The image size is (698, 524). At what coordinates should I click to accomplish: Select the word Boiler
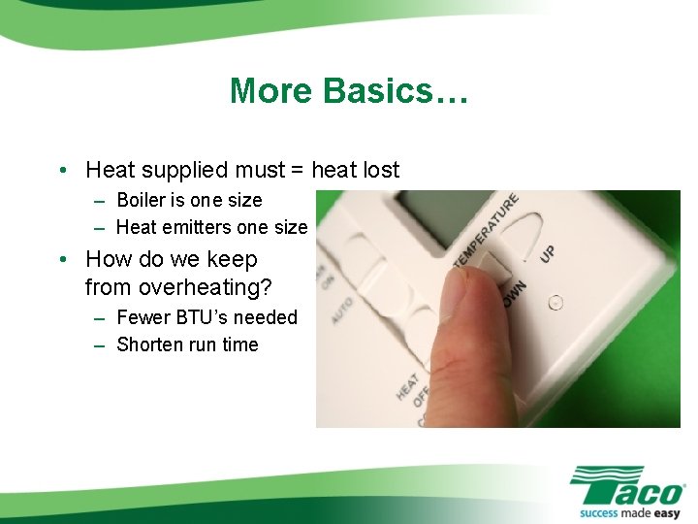142,200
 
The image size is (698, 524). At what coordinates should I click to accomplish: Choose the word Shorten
149,344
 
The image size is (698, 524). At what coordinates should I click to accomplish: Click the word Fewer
142,317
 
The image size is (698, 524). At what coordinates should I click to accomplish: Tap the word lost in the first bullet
379,170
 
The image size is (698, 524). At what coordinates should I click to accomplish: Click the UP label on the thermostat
548,252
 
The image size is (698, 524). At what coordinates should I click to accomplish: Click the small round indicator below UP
555,302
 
